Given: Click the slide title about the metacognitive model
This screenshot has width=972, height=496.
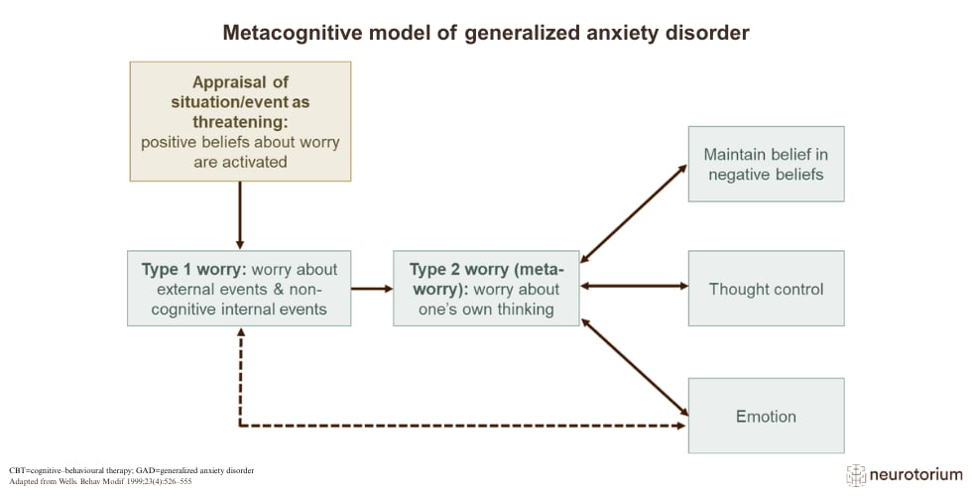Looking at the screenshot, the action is pos(486,32).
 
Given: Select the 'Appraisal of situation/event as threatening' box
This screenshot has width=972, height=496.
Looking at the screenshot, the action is pos(240,121).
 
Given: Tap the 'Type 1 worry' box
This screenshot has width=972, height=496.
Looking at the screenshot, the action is pos(239,289).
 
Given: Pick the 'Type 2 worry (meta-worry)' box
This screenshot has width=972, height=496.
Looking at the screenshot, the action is pos(487,289).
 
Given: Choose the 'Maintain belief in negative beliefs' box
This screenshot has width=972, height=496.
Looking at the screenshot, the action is pos(766,165).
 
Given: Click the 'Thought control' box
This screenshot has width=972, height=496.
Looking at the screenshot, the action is pos(766,289).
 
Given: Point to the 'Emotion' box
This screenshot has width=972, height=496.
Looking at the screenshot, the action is pos(766,416).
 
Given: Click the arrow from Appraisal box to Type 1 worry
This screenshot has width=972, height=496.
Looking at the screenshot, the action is pos(240,215).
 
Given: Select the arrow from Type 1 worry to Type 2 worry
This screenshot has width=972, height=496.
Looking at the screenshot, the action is pos(372,289).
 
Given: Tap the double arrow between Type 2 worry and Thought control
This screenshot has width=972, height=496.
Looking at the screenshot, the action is pos(634,286).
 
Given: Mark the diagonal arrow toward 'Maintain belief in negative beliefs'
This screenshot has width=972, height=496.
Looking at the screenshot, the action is pos(634,213).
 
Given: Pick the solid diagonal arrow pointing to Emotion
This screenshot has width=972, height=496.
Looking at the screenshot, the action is pos(635,367).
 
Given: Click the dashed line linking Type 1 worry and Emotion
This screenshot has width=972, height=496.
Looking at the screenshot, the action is pos(462,426).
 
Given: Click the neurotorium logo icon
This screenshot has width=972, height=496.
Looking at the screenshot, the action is pos(855,475).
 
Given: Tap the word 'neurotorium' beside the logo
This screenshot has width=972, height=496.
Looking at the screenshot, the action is pos(916,475).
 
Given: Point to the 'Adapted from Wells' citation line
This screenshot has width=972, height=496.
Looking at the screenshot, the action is pos(100,481).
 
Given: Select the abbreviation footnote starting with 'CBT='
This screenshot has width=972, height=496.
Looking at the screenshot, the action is pos(131,470).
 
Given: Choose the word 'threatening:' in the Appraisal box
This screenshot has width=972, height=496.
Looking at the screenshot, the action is pos(240,121).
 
